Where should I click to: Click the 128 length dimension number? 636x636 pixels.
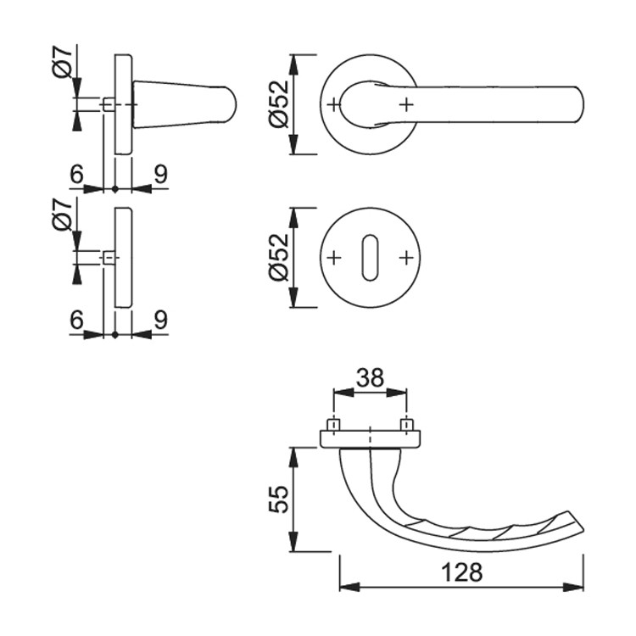pyautogui.click(x=461, y=572)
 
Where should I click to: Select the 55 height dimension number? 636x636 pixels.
pyautogui.click(x=279, y=499)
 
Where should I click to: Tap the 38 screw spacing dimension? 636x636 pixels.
pyautogui.click(x=370, y=377)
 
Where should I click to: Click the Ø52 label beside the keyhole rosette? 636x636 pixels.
pyautogui.click(x=279, y=257)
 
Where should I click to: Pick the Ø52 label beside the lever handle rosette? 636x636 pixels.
pyautogui.click(x=279, y=104)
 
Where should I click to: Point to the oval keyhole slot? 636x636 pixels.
pyautogui.click(x=370, y=258)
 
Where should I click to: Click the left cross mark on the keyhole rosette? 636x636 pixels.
pyautogui.click(x=333, y=258)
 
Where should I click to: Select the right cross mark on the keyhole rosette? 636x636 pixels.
pyautogui.click(x=406, y=258)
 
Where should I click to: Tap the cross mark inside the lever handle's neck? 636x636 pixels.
pyautogui.click(x=333, y=105)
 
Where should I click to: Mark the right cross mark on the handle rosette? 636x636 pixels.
pyautogui.click(x=406, y=105)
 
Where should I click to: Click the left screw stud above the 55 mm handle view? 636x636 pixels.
pyautogui.click(x=333, y=426)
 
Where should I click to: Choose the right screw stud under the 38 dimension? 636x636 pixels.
pyautogui.click(x=406, y=426)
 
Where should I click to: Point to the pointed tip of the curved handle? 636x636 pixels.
pyautogui.click(x=583, y=529)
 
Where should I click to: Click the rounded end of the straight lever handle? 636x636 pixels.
pyautogui.click(x=580, y=104)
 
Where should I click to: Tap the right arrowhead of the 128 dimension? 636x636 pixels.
pyautogui.click(x=573, y=588)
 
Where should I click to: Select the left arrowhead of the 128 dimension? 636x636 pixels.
pyautogui.click(x=349, y=588)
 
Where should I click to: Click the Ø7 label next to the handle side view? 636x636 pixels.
pyautogui.click(x=62, y=61)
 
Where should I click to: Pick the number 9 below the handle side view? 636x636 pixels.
pyautogui.click(x=160, y=175)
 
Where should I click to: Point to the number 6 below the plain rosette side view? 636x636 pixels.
pyautogui.click(x=76, y=320)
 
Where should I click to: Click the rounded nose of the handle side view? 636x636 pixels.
pyautogui.click(x=232, y=104)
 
